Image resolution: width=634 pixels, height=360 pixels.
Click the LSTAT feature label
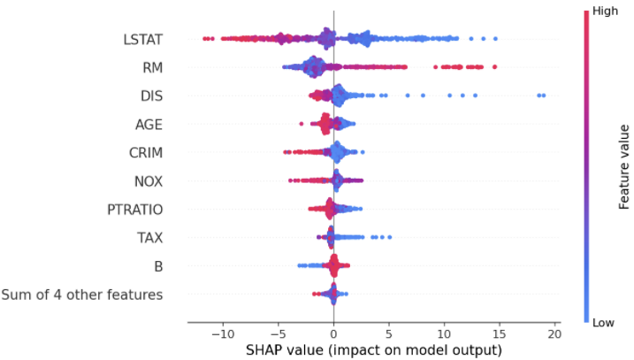tap(142, 39)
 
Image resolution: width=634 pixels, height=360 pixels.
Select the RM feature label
tap(152, 67)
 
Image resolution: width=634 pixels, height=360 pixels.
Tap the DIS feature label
tap(150, 96)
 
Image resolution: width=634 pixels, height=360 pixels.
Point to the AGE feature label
tap(149, 124)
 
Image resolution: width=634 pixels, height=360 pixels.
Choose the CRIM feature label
tap(146, 153)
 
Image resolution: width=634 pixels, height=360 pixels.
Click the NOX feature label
tap(148, 181)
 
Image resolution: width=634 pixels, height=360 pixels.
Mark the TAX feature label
tap(149, 238)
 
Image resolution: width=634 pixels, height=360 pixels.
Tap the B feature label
tap(158, 266)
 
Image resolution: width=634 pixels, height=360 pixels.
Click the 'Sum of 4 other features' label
tap(82, 295)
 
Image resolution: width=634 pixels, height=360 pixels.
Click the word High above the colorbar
tap(605, 11)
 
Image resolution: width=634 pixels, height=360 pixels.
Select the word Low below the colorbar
tap(604, 323)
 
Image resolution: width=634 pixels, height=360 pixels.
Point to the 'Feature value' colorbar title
tap(624, 166)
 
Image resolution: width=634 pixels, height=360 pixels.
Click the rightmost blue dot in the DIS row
tap(543, 95)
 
